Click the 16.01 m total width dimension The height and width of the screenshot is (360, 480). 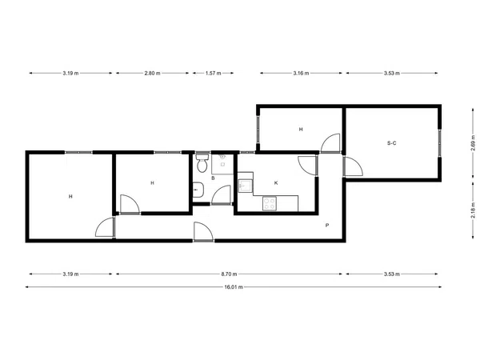pyautogui.click(x=234, y=287)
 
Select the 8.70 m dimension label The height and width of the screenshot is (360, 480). pyautogui.click(x=229, y=274)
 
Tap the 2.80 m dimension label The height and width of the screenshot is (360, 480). pyautogui.click(x=152, y=73)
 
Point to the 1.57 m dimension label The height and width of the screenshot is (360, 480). pyautogui.click(x=213, y=73)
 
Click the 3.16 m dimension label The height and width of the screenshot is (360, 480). pyautogui.click(x=301, y=73)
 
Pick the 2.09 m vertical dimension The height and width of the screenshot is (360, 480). pyautogui.click(x=473, y=143)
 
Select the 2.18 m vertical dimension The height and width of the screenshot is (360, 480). pyautogui.click(x=473, y=210)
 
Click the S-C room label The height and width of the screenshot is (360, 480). pyautogui.click(x=392, y=143)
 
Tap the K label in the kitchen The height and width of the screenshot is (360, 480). pyautogui.click(x=276, y=183)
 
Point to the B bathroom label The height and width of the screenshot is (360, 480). pyautogui.click(x=213, y=178)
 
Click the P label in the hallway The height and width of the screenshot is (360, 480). pyautogui.click(x=327, y=226)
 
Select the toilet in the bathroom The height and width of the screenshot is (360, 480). pyautogui.click(x=202, y=162)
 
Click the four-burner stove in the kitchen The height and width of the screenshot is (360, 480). pyautogui.click(x=270, y=204)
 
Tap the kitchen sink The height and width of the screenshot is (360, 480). pyautogui.click(x=246, y=186)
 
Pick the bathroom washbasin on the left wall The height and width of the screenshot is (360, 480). pyautogui.click(x=198, y=190)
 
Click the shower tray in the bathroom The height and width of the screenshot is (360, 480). pyautogui.click(x=222, y=164)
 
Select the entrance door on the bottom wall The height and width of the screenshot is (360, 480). pyautogui.click(x=203, y=232)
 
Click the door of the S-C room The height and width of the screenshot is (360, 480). pyautogui.click(x=353, y=166)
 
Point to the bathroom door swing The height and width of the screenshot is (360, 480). pyautogui.click(x=221, y=194)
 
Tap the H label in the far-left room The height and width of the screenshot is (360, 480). pyautogui.click(x=70, y=197)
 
